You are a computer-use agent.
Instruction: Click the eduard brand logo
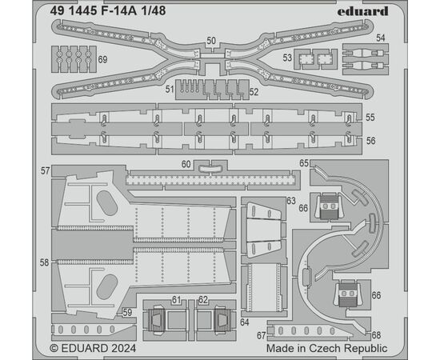click(362, 11)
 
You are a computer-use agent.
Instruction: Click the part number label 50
click(211, 41)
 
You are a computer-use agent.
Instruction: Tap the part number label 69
click(102, 59)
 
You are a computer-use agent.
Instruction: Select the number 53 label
click(287, 58)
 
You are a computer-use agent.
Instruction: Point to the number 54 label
click(381, 38)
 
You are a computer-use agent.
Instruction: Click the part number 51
click(170, 90)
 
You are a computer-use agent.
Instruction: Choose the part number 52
click(254, 92)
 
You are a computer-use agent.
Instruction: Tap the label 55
click(370, 118)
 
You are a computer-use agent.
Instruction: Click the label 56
click(370, 141)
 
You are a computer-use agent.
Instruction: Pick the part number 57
click(45, 171)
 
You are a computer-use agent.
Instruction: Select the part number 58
click(44, 262)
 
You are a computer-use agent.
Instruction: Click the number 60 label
click(186, 164)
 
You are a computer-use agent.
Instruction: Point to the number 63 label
click(291, 201)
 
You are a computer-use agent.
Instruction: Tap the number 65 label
click(304, 163)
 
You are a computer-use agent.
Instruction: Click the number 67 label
click(262, 335)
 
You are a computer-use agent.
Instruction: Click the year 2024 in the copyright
click(123, 348)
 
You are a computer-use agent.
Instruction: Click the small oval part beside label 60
click(210, 168)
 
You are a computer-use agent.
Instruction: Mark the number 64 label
click(245, 322)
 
